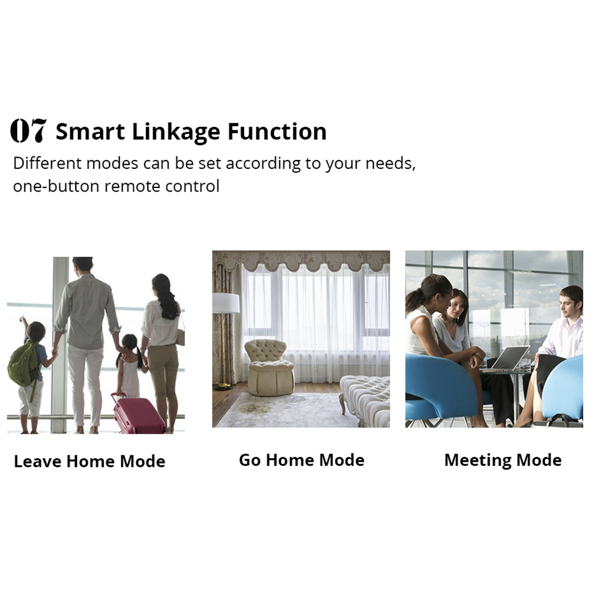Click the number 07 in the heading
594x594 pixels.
[28, 130]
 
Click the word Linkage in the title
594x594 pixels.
[176, 132]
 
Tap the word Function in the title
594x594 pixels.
[277, 132]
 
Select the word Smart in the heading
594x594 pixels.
[90, 132]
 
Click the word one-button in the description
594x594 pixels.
[56, 186]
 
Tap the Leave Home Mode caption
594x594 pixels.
[90, 461]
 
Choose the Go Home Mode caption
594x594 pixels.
[302, 460]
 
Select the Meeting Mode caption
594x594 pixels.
[503, 461]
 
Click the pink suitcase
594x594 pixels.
[139, 415]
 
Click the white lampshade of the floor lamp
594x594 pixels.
[226, 303]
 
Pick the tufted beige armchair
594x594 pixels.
[269, 368]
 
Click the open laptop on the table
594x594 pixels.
[510, 358]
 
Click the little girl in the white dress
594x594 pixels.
[130, 366]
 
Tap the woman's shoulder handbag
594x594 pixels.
[180, 336]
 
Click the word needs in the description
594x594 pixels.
[390, 163]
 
